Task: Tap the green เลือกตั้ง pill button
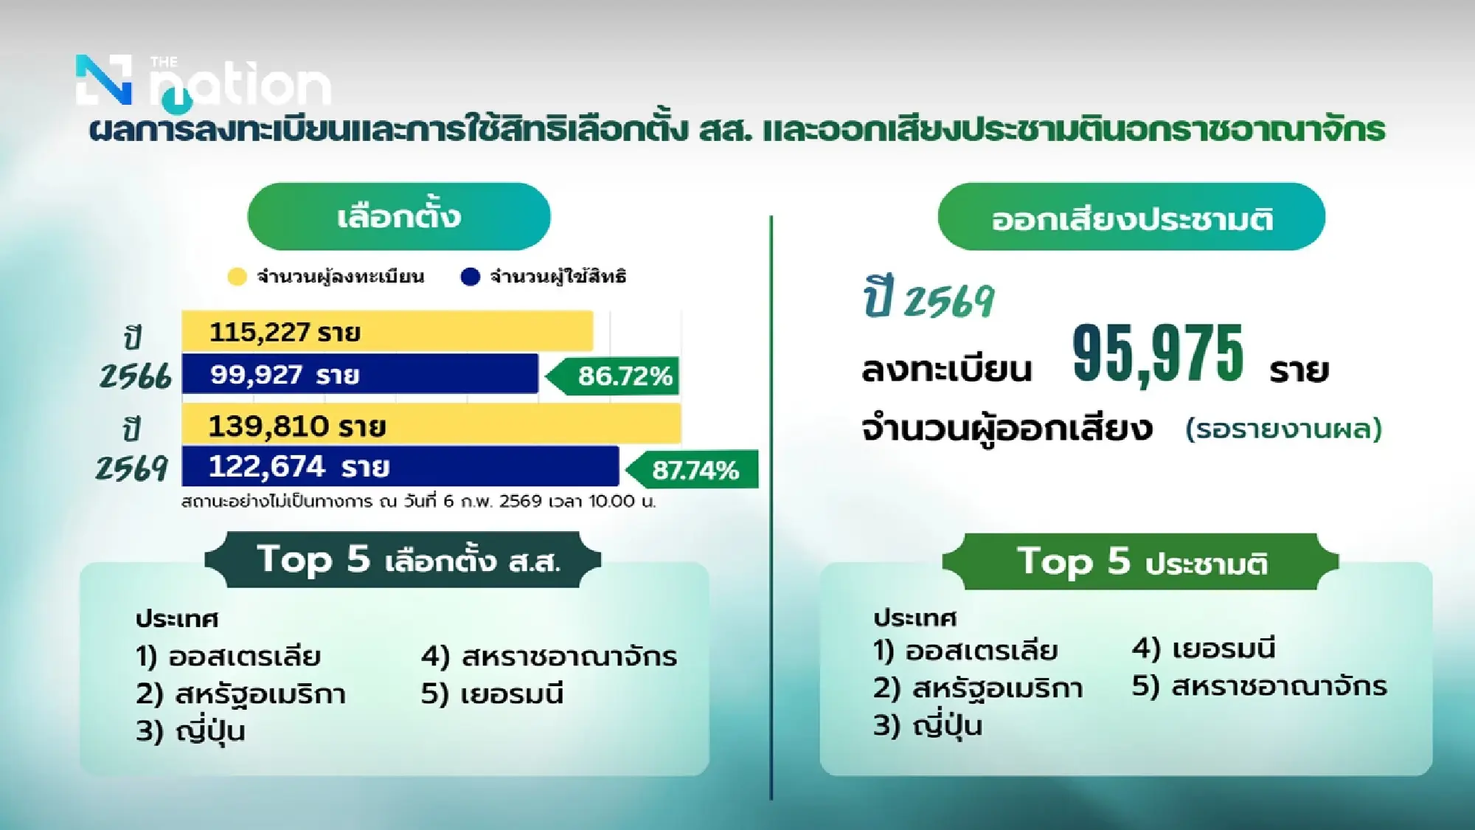[399, 216]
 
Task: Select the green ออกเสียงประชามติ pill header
[1131, 218]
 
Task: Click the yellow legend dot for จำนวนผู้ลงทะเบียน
[237, 277]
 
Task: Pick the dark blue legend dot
[470, 277]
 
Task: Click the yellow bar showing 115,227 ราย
[387, 331]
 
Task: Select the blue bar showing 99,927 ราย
[360, 374]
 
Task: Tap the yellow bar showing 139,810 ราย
[431, 425]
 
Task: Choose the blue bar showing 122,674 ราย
[400, 466]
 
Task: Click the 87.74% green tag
[694, 469]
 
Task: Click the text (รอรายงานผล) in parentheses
[1283, 428]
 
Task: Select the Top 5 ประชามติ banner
[1140, 561]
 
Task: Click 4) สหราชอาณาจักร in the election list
[549, 656]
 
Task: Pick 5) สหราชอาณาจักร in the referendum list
[1260, 685]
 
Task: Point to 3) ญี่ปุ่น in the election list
[190, 730]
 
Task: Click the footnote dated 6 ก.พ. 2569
[418, 502]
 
